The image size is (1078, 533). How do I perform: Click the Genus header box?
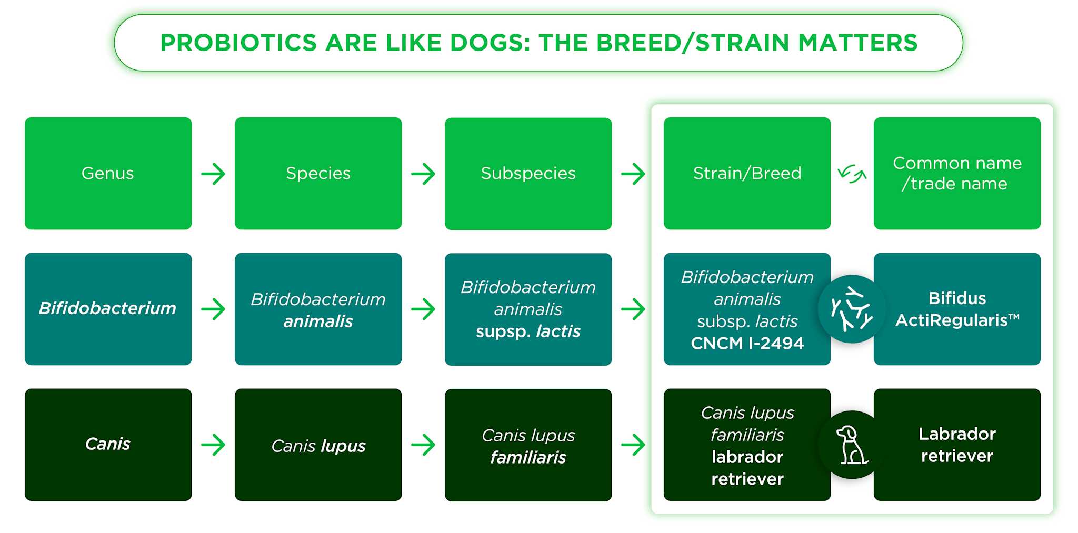tap(108, 173)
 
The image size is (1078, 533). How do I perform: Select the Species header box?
tap(318, 173)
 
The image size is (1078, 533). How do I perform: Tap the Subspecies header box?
tap(528, 174)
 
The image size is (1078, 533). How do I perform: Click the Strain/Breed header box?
tap(747, 173)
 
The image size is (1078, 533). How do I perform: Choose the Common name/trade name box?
tap(957, 173)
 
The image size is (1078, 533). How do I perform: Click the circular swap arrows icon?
tap(852, 174)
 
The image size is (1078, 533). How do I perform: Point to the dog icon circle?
tap(852, 445)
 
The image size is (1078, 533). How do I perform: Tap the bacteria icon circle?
tap(852, 309)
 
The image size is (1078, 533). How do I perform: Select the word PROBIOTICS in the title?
tap(238, 43)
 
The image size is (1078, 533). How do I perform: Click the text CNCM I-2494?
tap(747, 343)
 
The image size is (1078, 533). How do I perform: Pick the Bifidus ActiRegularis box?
tap(957, 309)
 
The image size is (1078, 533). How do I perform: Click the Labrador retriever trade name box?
tap(957, 445)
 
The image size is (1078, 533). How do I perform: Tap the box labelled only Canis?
tap(108, 445)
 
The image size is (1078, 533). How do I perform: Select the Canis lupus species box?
tap(318, 445)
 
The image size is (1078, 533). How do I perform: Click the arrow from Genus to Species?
tap(213, 174)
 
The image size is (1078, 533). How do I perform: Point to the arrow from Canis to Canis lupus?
tap(213, 445)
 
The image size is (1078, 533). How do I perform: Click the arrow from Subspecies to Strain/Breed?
tap(633, 174)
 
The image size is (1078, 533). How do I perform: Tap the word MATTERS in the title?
tap(857, 43)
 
